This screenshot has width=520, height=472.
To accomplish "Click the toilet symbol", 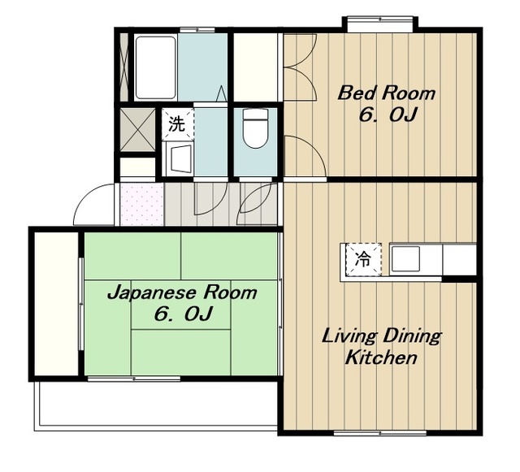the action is point(255,128).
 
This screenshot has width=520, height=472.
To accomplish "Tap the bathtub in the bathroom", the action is point(155,67).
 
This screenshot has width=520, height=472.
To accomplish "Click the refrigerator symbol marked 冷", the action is point(363,260).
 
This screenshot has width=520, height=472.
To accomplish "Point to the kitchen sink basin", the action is point(405,259).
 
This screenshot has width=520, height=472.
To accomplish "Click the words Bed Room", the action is point(386,93).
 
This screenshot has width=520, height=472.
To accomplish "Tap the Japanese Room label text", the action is point(182,293).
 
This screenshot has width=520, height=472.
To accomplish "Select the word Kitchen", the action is point(381,357).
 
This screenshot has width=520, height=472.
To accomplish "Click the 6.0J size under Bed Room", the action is point(388,115).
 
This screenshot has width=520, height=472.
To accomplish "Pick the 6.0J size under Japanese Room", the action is point(183,314).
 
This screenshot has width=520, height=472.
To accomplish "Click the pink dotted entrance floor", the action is point(142,205).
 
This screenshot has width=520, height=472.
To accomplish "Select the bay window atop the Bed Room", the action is point(380,24).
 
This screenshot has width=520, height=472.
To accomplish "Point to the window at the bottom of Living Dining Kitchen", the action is point(380,433).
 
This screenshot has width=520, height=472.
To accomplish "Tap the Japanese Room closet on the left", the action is point(56,304).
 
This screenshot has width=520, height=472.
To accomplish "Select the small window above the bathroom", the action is point(197,30).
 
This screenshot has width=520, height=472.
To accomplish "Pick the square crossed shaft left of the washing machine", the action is point(137,130).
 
